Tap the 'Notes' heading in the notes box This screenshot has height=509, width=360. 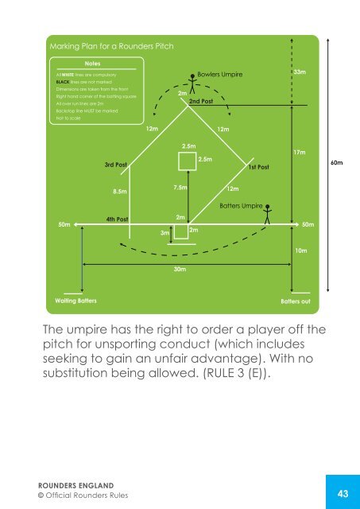pos(94,63)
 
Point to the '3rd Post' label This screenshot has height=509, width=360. pos(116,165)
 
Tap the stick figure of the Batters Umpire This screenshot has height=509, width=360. pos(269,213)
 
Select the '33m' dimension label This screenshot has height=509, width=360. pos(300,72)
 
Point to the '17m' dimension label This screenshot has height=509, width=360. pos(300,150)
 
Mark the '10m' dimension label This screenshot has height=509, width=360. pos(301,251)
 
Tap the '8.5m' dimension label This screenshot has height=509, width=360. pos(121,191)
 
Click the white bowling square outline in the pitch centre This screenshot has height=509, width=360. pos(188,162)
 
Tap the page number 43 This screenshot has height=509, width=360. pos(343,494)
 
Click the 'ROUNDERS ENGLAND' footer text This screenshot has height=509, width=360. pos(60,484)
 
